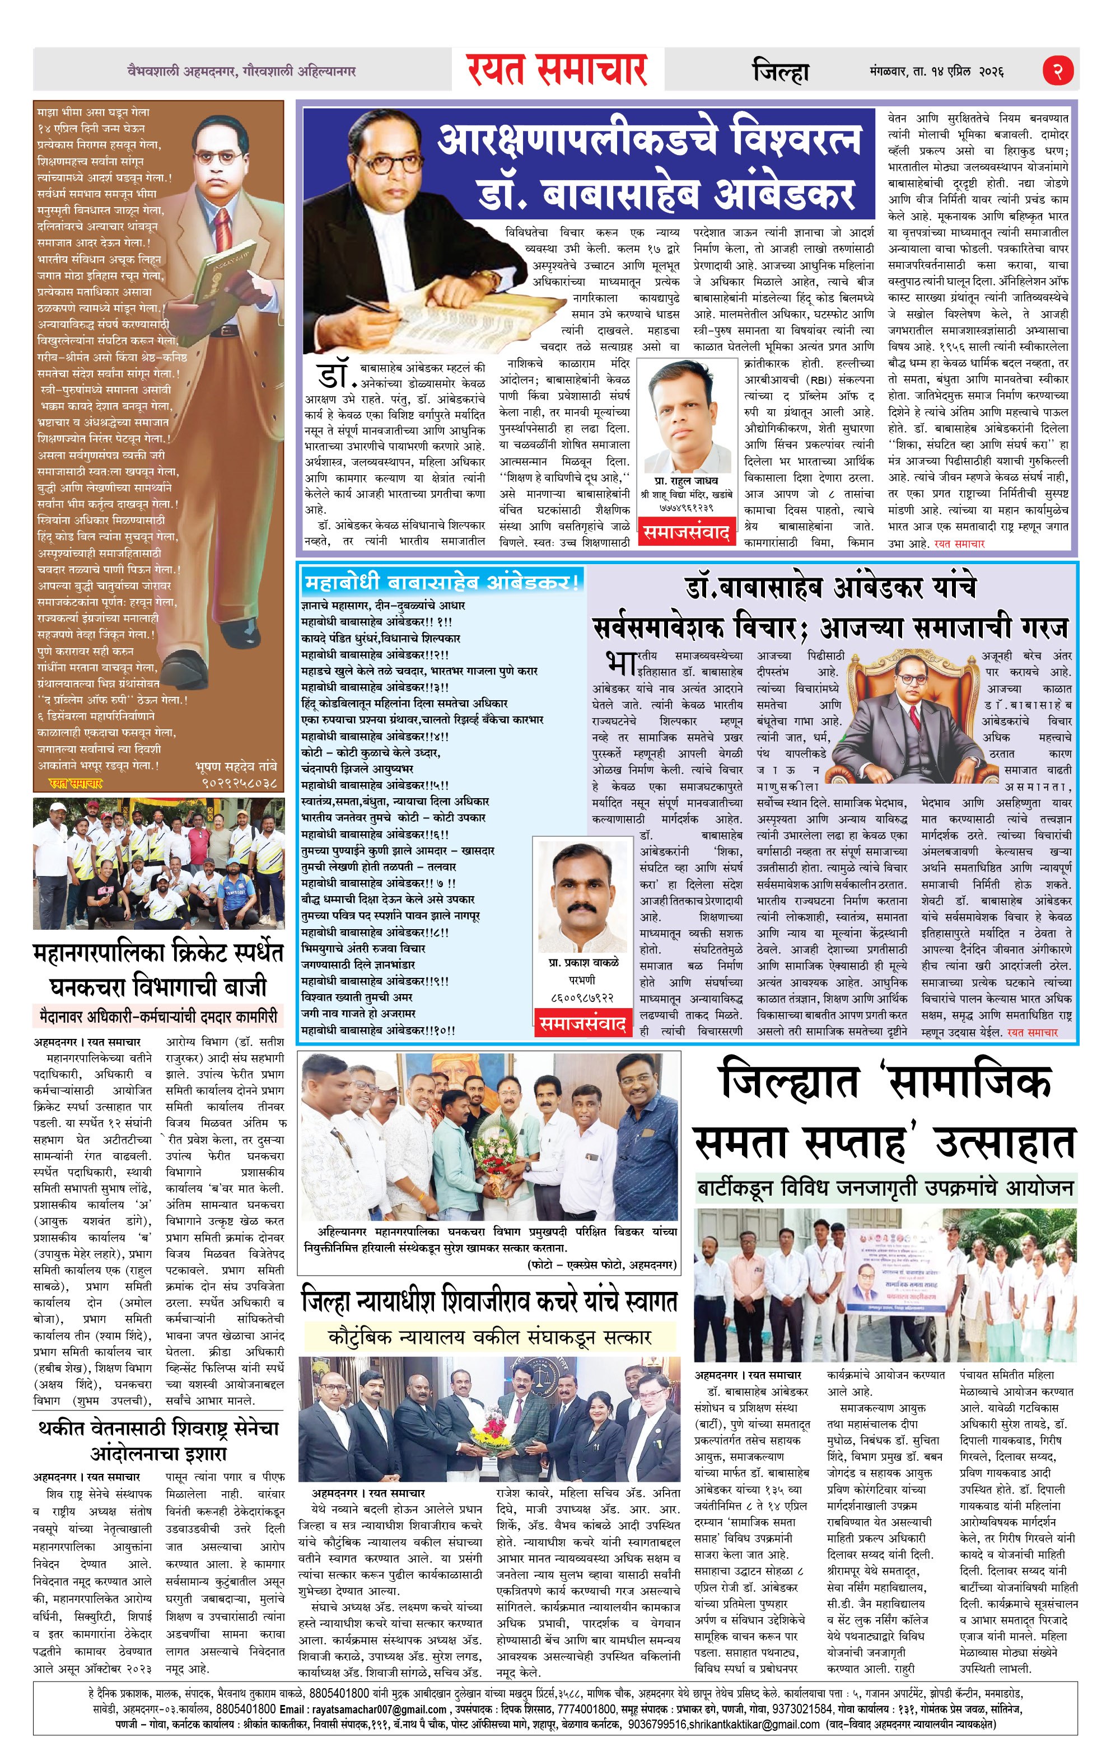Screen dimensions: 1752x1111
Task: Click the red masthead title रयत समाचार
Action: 558,70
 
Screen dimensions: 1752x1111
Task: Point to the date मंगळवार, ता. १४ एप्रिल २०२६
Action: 936,71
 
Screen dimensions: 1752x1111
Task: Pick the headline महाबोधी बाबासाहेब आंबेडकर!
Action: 442,582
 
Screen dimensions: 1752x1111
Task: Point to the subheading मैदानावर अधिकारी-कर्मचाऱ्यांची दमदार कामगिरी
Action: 158,1015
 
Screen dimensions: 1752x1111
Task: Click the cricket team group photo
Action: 158,864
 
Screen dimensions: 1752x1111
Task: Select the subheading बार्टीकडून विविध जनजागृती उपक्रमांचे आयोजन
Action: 885,1189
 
